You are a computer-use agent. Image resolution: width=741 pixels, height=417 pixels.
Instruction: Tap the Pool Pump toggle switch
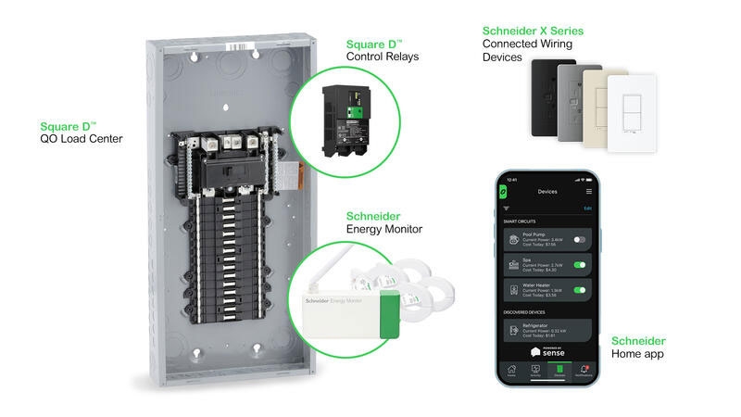(x=581, y=239)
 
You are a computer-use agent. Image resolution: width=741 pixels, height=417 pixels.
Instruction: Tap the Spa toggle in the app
(x=581, y=264)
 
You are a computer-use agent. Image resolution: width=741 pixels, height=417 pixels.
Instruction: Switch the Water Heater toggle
(x=581, y=290)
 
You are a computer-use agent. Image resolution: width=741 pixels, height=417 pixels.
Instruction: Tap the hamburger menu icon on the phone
(x=589, y=192)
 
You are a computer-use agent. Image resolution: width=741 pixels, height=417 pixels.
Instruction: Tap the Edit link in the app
(x=587, y=208)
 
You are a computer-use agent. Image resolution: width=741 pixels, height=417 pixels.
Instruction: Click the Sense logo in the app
(x=547, y=351)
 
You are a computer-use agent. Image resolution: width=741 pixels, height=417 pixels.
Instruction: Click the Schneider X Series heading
(x=533, y=31)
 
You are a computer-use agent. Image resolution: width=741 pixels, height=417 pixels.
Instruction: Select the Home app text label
(x=637, y=354)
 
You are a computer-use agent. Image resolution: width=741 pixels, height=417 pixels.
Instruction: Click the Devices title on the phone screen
(x=547, y=192)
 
